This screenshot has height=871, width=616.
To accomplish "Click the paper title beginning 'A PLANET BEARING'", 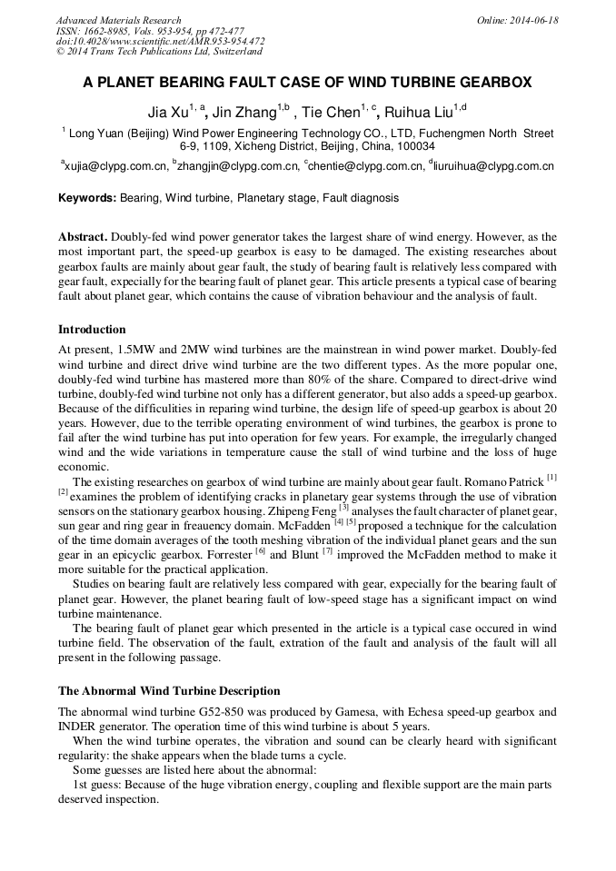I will click(x=307, y=83).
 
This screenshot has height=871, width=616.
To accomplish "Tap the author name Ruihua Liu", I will click(x=418, y=113).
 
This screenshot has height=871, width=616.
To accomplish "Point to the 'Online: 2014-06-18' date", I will click(x=518, y=20).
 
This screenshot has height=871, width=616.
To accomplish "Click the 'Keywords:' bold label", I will click(x=87, y=197).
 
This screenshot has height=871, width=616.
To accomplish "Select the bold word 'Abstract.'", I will click(x=83, y=236).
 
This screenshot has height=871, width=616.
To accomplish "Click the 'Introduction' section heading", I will click(x=92, y=329).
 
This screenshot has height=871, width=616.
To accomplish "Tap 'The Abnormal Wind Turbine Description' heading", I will click(x=169, y=690).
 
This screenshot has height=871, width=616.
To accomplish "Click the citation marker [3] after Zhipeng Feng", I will click(x=343, y=508).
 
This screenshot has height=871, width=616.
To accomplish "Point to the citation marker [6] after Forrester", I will click(x=260, y=551).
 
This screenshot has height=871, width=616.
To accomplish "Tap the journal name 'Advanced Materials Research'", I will click(x=118, y=20).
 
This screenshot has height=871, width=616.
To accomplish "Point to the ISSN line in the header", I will click(x=150, y=31).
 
